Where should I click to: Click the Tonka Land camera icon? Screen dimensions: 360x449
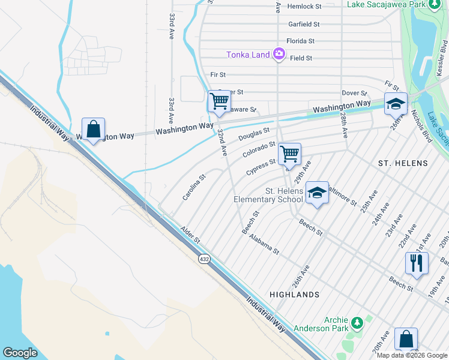pos(279,55)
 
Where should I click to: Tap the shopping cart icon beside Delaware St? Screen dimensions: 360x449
pos(219,101)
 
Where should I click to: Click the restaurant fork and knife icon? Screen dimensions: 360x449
pos(416,262)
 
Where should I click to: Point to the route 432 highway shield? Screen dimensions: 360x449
pos(204,258)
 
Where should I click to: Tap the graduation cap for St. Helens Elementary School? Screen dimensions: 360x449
pos(317,193)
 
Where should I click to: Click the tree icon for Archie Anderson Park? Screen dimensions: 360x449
pos(357,323)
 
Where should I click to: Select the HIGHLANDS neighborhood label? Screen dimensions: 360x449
pos(294,295)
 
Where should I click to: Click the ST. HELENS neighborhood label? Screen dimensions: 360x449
pos(403,163)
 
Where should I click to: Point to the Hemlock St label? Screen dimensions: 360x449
pos(305,7)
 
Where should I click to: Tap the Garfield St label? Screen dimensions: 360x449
pos(303,25)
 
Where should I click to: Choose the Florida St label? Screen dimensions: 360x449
pos(300,41)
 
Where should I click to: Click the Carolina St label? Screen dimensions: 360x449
pos(194,187)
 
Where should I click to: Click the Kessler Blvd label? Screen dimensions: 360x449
pos(442,58)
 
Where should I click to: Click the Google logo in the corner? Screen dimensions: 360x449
pos(20,353)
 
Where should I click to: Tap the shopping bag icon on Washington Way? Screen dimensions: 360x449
pos(93,129)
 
